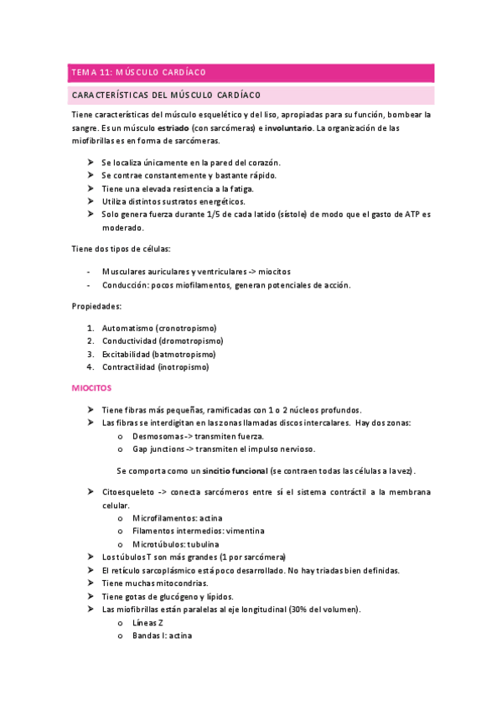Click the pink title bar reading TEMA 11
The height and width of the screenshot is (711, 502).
coord(251,73)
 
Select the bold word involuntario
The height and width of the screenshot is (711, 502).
coord(288,128)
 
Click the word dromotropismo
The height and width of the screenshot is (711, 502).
coord(193,341)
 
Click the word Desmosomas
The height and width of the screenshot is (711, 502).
coord(157,436)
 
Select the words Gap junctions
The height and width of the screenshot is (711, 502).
coord(157,449)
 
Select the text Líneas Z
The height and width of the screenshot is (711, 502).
coord(147,622)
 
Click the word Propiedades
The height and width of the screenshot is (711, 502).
coord(97,307)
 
